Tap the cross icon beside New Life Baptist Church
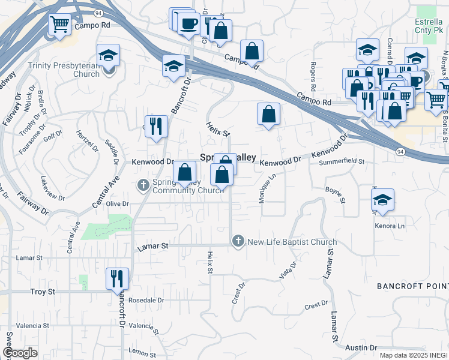click(x=238, y=241)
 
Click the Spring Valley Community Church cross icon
click(x=143, y=184)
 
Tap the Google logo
click(x=20, y=353)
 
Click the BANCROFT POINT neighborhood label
click(x=412, y=287)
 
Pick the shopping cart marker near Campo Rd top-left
click(x=59, y=25)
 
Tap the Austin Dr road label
click(x=361, y=347)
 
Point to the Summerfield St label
click(x=342, y=161)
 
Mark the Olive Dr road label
click(x=118, y=203)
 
